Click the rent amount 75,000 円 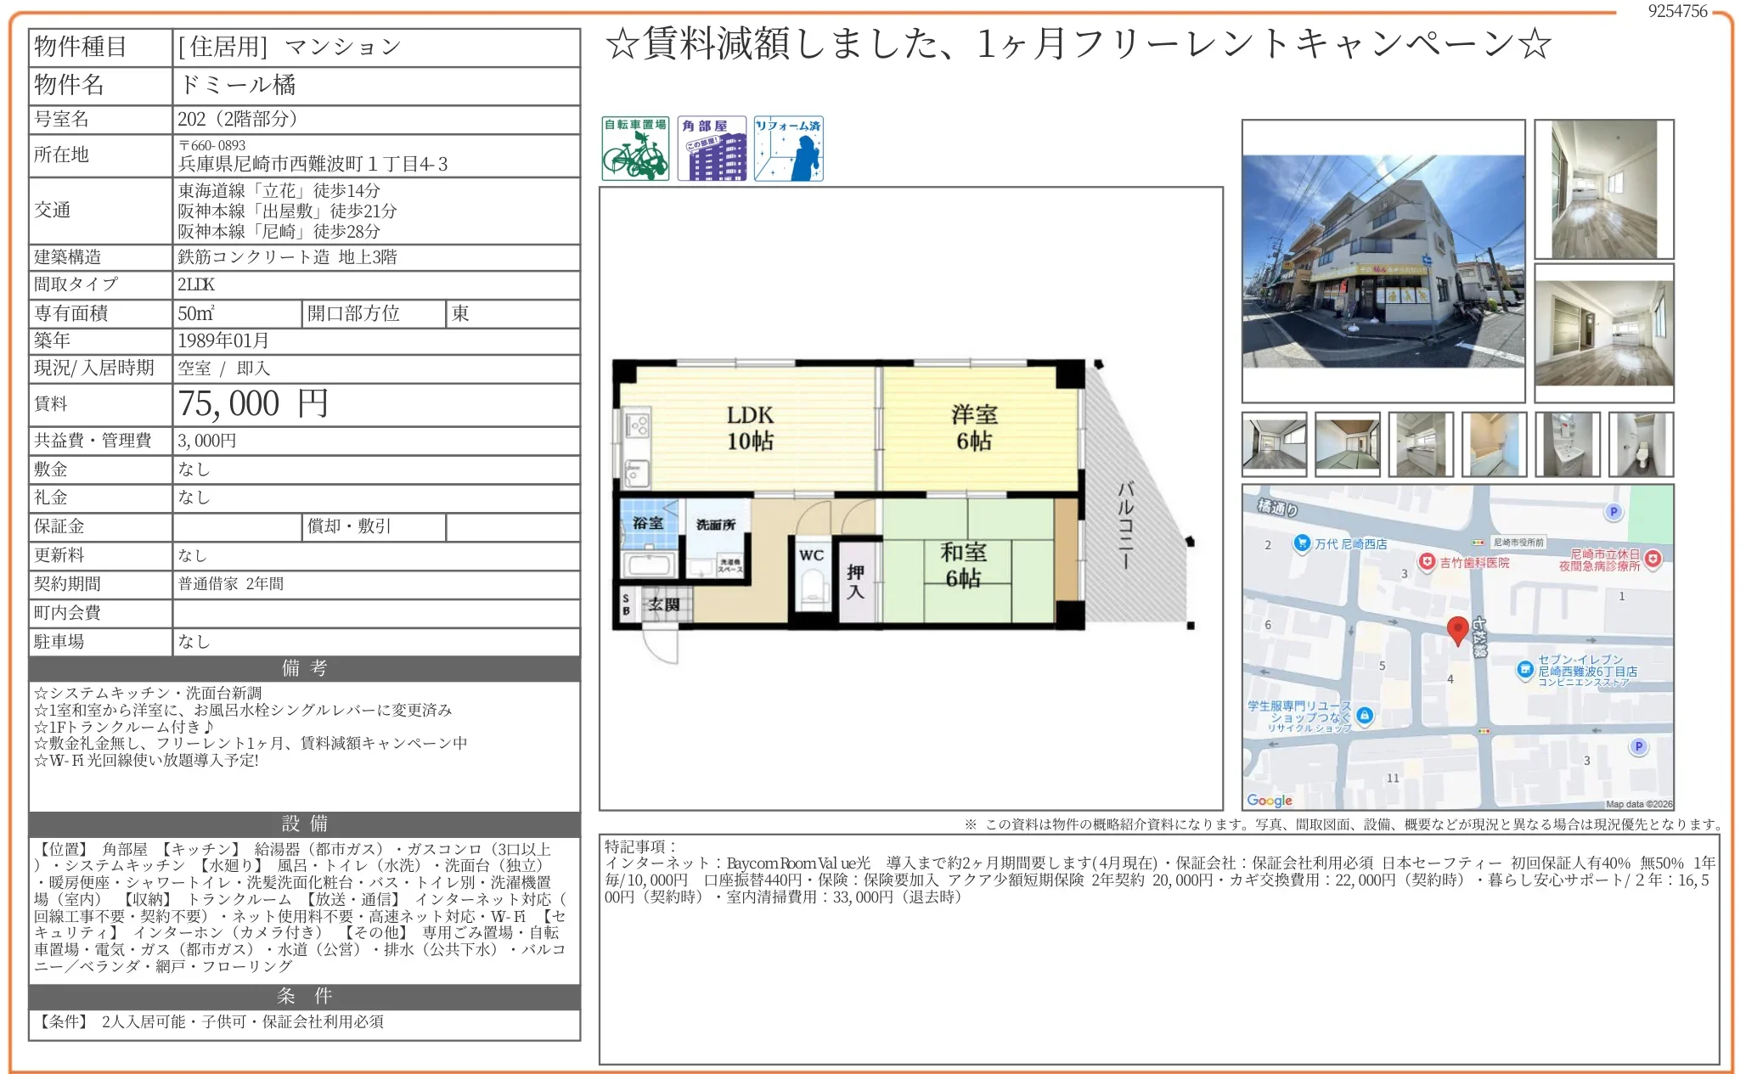pyautogui.click(x=253, y=404)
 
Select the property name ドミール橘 pyautogui.click(x=237, y=85)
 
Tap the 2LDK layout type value pyautogui.click(x=196, y=284)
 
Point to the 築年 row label pyautogui.click(x=52, y=340)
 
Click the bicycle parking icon pyautogui.click(x=635, y=149)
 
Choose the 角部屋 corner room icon pyautogui.click(x=712, y=149)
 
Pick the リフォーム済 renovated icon pyautogui.click(x=788, y=149)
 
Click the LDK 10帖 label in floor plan pyautogui.click(x=750, y=428)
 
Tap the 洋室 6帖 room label pyautogui.click(x=974, y=428)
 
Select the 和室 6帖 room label pyautogui.click(x=963, y=565)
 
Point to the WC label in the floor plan pyautogui.click(x=811, y=555)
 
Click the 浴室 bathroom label pyautogui.click(x=648, y=523)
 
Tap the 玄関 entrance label pyautogui.click(x=663, y=604)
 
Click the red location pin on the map pyautogui.click(x=1457, y=630)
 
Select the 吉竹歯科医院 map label pyautogui.click(x=1473, y=562)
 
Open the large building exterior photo pyautogui.click(x=1383, y=261)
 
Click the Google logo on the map pyautogui.click(x=1270, y=800)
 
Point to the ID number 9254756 pyautogui.click(x=1677, y=11)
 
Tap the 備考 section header pyautogui.click(x=304, y=668)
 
